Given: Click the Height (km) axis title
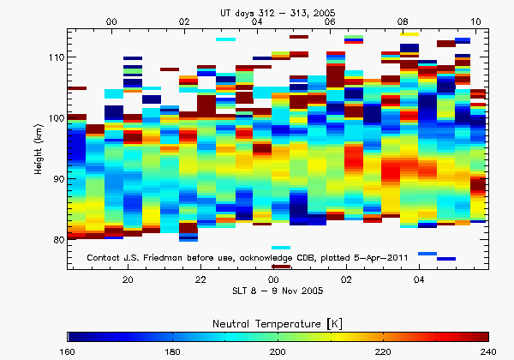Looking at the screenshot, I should coord(39,147).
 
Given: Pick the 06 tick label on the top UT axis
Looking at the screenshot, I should coord(331,21).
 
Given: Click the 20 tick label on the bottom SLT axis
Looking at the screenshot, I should coord(128,280).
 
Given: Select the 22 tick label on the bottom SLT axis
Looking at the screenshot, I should coord(200,280).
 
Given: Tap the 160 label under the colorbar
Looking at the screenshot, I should coord(69,351).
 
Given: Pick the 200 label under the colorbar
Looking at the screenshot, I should coord(278,351).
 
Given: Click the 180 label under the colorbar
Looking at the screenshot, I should coord(173,351).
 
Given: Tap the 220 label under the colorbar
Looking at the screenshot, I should coord(383,351).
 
